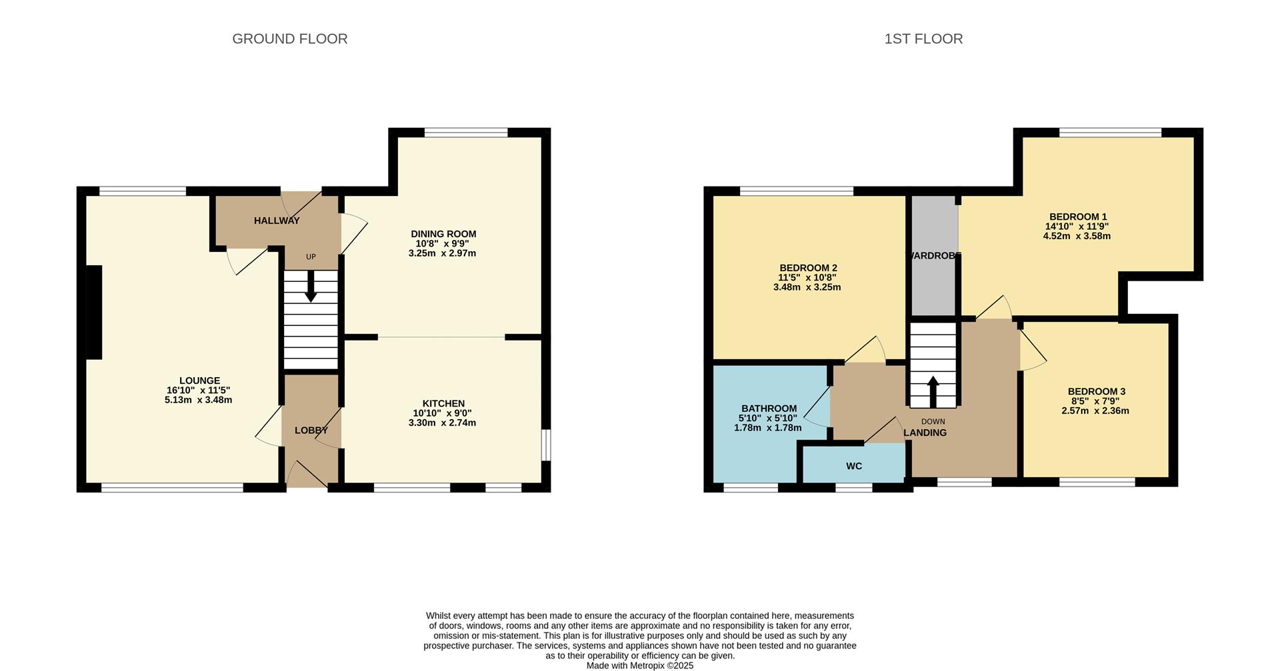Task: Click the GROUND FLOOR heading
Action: point(289,39)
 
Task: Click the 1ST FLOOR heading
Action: point(923,39)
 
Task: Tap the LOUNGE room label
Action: point(199,381)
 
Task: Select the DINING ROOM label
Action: point(443,234)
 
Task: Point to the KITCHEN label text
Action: point(443,403)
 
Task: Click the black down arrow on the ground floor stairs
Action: point(311,288)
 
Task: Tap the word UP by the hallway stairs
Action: point(311,257)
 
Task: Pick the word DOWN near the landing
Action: point(933,421)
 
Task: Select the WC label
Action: point(854,466)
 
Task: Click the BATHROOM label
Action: point(769,408)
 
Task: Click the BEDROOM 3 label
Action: point(1096,391)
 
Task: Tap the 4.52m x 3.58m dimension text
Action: point(1077,236)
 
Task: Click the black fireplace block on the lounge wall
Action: point(93,312)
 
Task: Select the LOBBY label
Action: point(311,430)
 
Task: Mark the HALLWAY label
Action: point(277,221)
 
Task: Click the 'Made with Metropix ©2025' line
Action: point(640,665)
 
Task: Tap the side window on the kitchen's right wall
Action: point(545,444)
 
